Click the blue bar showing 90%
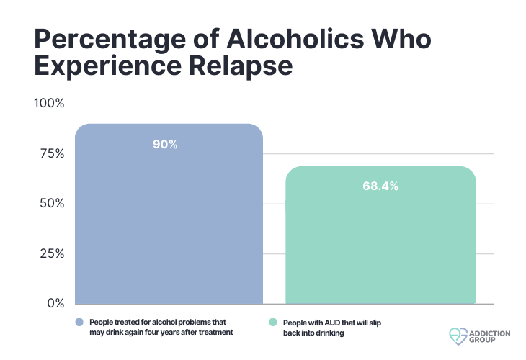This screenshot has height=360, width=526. tap(169, 216)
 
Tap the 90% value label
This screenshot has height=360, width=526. tap(165, 145)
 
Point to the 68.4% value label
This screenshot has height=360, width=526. tap(380, 186)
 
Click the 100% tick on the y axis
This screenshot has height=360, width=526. tap(50, 104)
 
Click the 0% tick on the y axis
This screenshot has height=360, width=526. tap(55, 303)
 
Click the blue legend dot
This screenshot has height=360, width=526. tap(79, 322)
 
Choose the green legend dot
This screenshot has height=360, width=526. tap(273, 322)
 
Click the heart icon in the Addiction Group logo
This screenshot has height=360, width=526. tap(458, 336)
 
